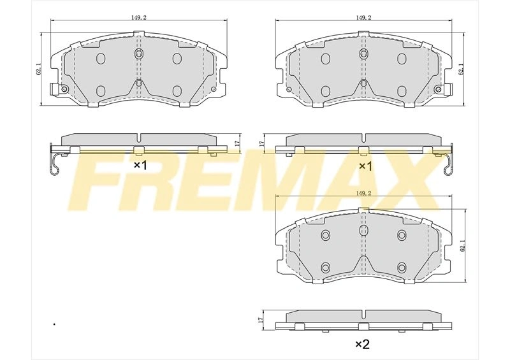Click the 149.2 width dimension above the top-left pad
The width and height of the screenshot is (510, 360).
[x=139, y=18]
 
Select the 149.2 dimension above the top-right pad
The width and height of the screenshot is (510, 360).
[x=363, y=18]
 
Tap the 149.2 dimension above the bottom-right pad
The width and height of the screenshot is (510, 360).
[x=363, y=193]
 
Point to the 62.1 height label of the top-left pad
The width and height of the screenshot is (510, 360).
[x=40, y=69]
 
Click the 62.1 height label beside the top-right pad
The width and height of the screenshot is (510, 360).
[x=460, y=69]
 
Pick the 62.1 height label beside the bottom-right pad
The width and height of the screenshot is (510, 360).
[x=463, y=246]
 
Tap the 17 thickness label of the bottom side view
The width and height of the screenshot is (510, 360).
[x=259, y=319]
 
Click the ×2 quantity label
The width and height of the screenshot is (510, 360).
[x=362, y=343]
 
